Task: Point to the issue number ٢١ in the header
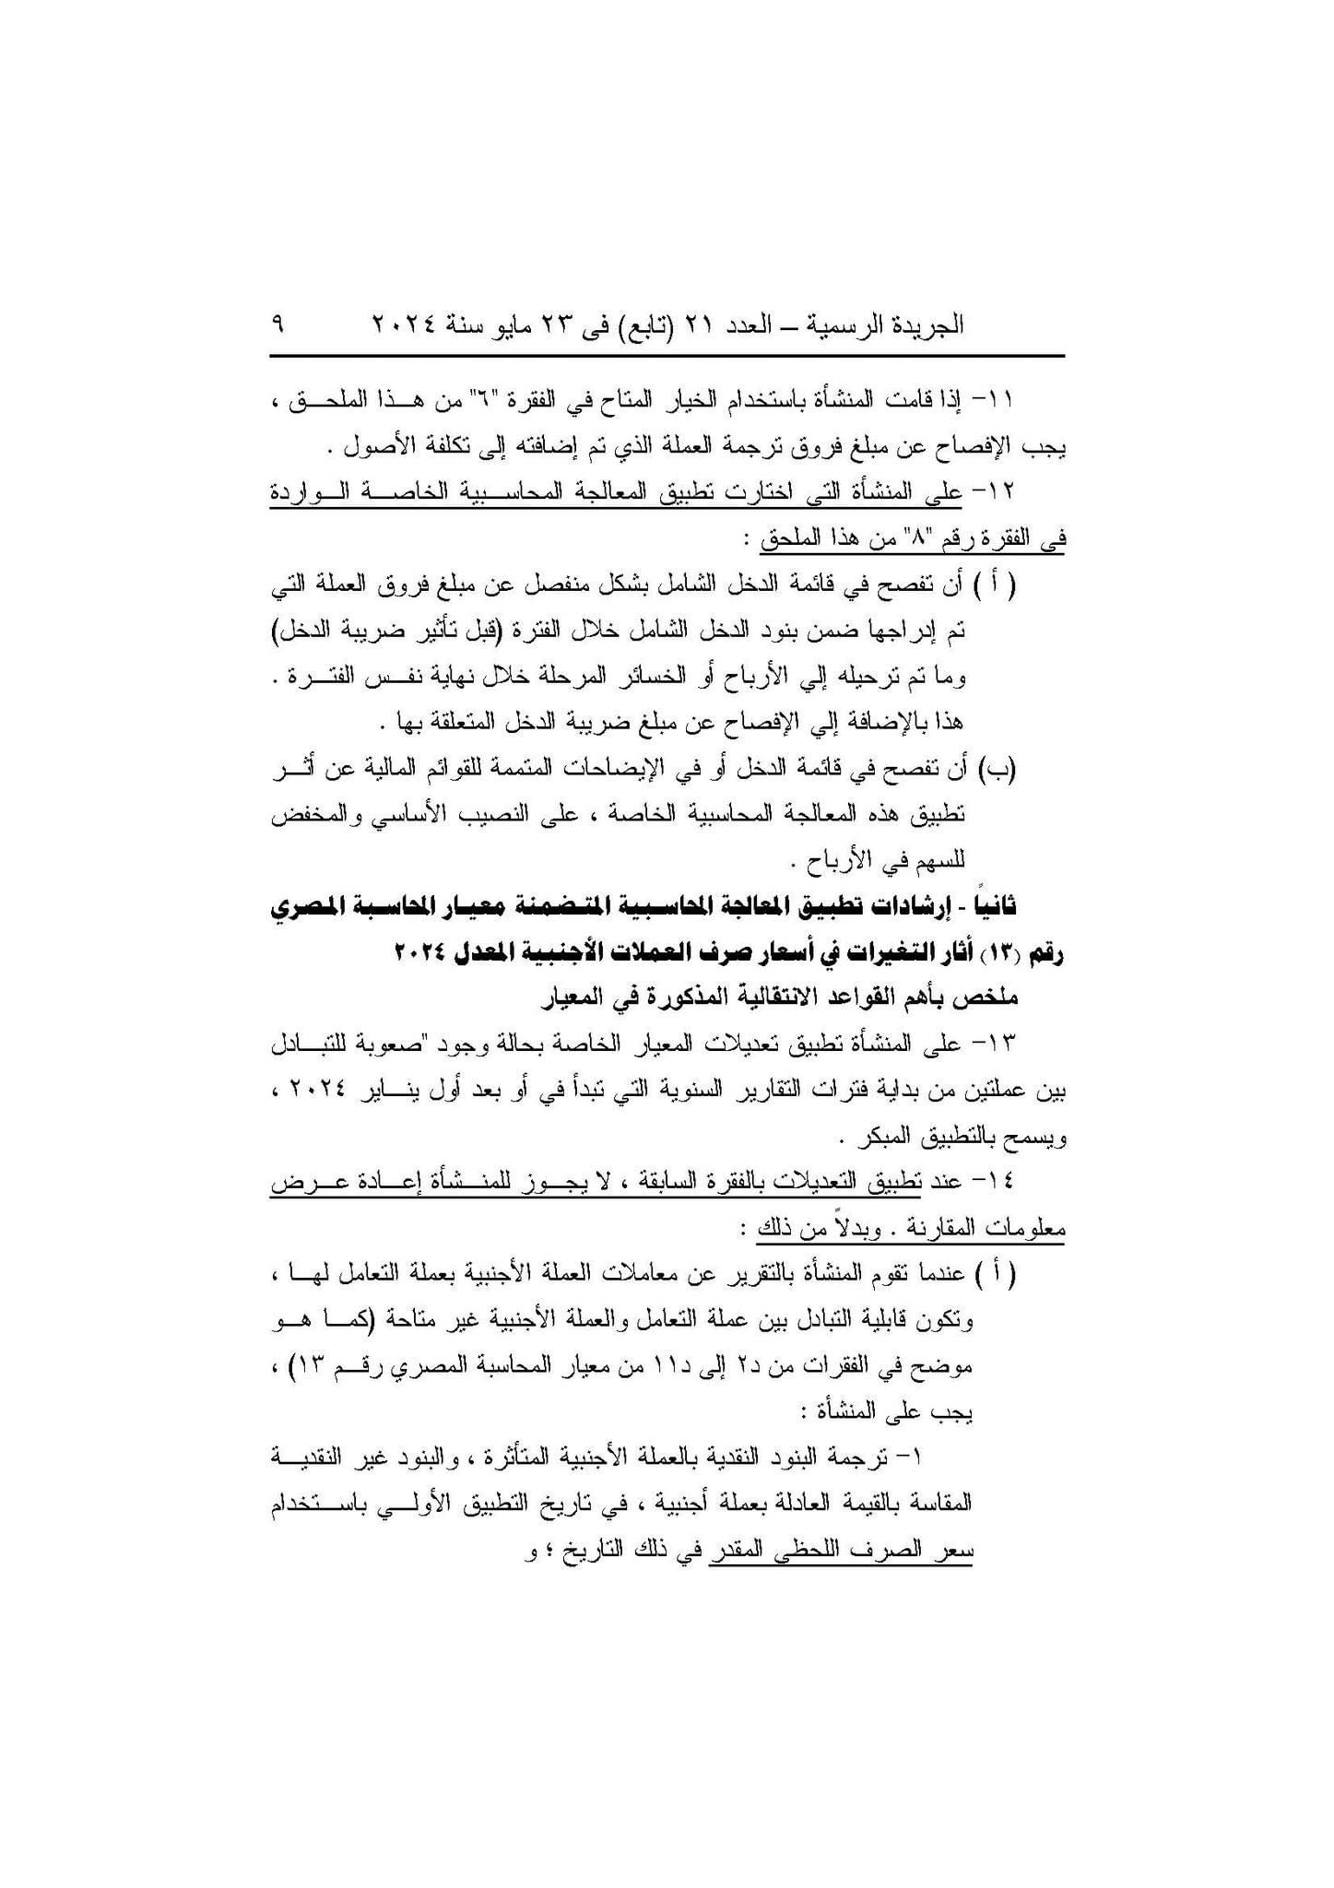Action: [x=724, y=325]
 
